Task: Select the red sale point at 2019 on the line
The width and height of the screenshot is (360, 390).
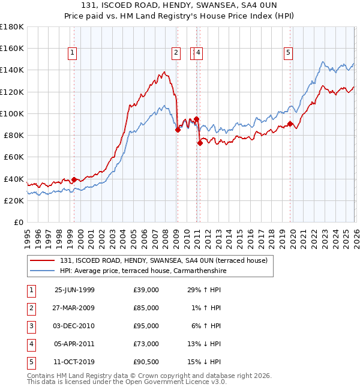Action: tap(290, 124)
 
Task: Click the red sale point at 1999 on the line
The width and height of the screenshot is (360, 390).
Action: tap(74, 179)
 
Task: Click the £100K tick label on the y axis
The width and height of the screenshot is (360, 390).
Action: tap(12, 113)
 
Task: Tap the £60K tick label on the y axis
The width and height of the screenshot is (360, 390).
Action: tap(14, 157)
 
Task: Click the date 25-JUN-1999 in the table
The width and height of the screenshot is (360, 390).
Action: tap(74, 290)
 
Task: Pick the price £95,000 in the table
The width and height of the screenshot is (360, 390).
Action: tap(146, 326)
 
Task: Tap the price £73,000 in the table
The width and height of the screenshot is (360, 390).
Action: tap(146, 344)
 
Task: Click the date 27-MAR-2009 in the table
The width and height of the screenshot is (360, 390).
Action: tap(74, 308)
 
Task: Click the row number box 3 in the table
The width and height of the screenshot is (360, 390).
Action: tap(31, 326)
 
